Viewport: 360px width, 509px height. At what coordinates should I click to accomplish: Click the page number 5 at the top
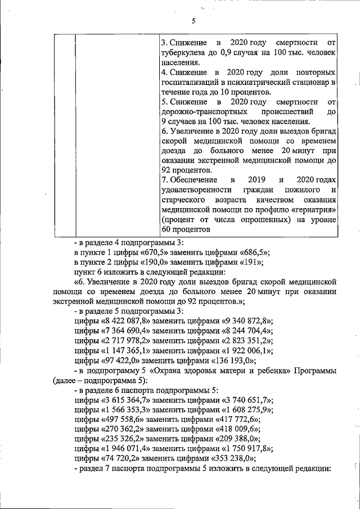click(192, 21)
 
